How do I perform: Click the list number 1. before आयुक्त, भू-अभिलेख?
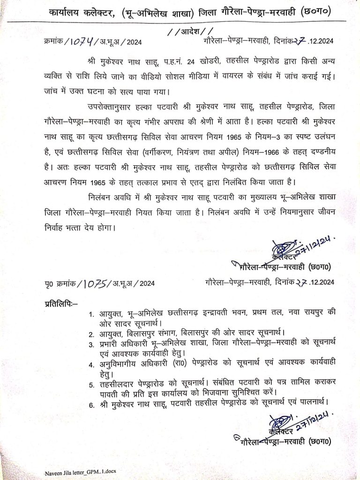(x=91, y=312)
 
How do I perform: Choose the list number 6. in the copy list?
(x=91, y=402)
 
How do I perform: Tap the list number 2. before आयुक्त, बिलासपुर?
(x=91, y=334)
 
